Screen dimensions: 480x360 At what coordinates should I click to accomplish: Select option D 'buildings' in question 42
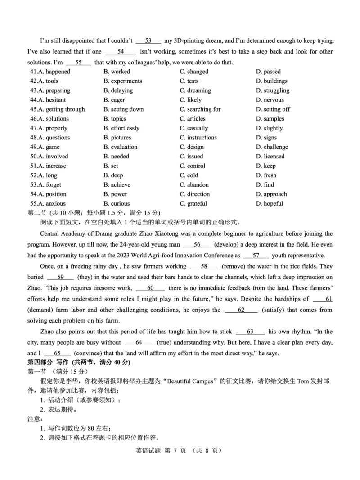click(271, 81)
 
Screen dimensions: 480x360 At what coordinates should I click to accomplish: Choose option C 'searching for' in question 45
click(200, 109)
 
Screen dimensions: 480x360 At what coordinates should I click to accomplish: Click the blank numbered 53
click(148, 41)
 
